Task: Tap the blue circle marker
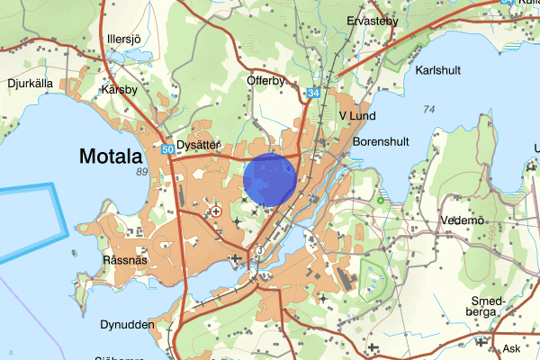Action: tap(270, 180)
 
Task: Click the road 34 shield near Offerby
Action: tap(312, 93)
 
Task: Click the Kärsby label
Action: tap(120, 90)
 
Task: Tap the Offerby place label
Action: tap(265, 80)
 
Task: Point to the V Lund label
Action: tap(357, 115)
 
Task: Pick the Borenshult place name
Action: tap(382, 142)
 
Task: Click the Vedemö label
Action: tap(463, 220)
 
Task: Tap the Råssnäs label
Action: tap(124, 259)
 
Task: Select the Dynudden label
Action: tap(126, 324)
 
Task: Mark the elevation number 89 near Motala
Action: tap(141, 171)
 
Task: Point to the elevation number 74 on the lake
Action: tap(428, 110)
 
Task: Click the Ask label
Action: tap(512, 348)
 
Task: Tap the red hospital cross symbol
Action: tap(215, 211)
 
